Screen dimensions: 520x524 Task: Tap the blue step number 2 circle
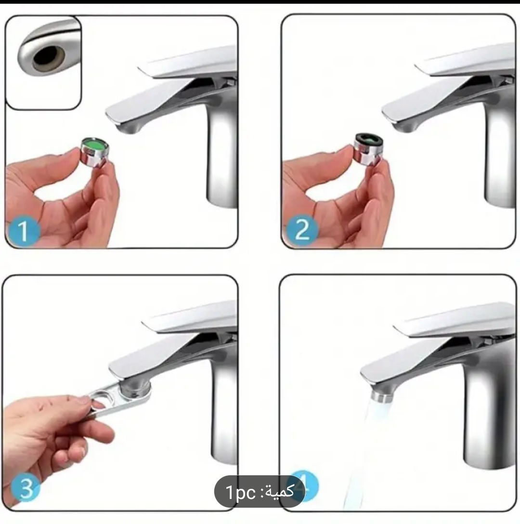(x=302, y=230)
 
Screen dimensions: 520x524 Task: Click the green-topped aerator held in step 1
(x=95, y=152)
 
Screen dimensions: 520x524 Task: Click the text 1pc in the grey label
(x=241, y=492)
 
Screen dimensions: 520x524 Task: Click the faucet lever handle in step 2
(x=465, y=60)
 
